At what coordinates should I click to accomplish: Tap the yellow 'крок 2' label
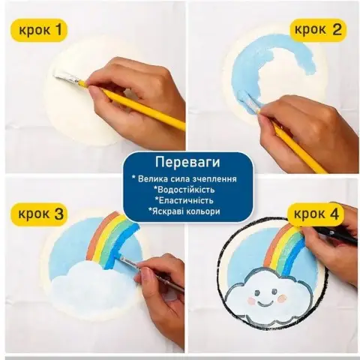click(x=316, y=31)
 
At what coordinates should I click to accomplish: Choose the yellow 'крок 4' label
click(x=316, y=214)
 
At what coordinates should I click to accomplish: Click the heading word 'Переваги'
click(x=180, y=163)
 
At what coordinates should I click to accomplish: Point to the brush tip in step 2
click(x=245, y=98)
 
